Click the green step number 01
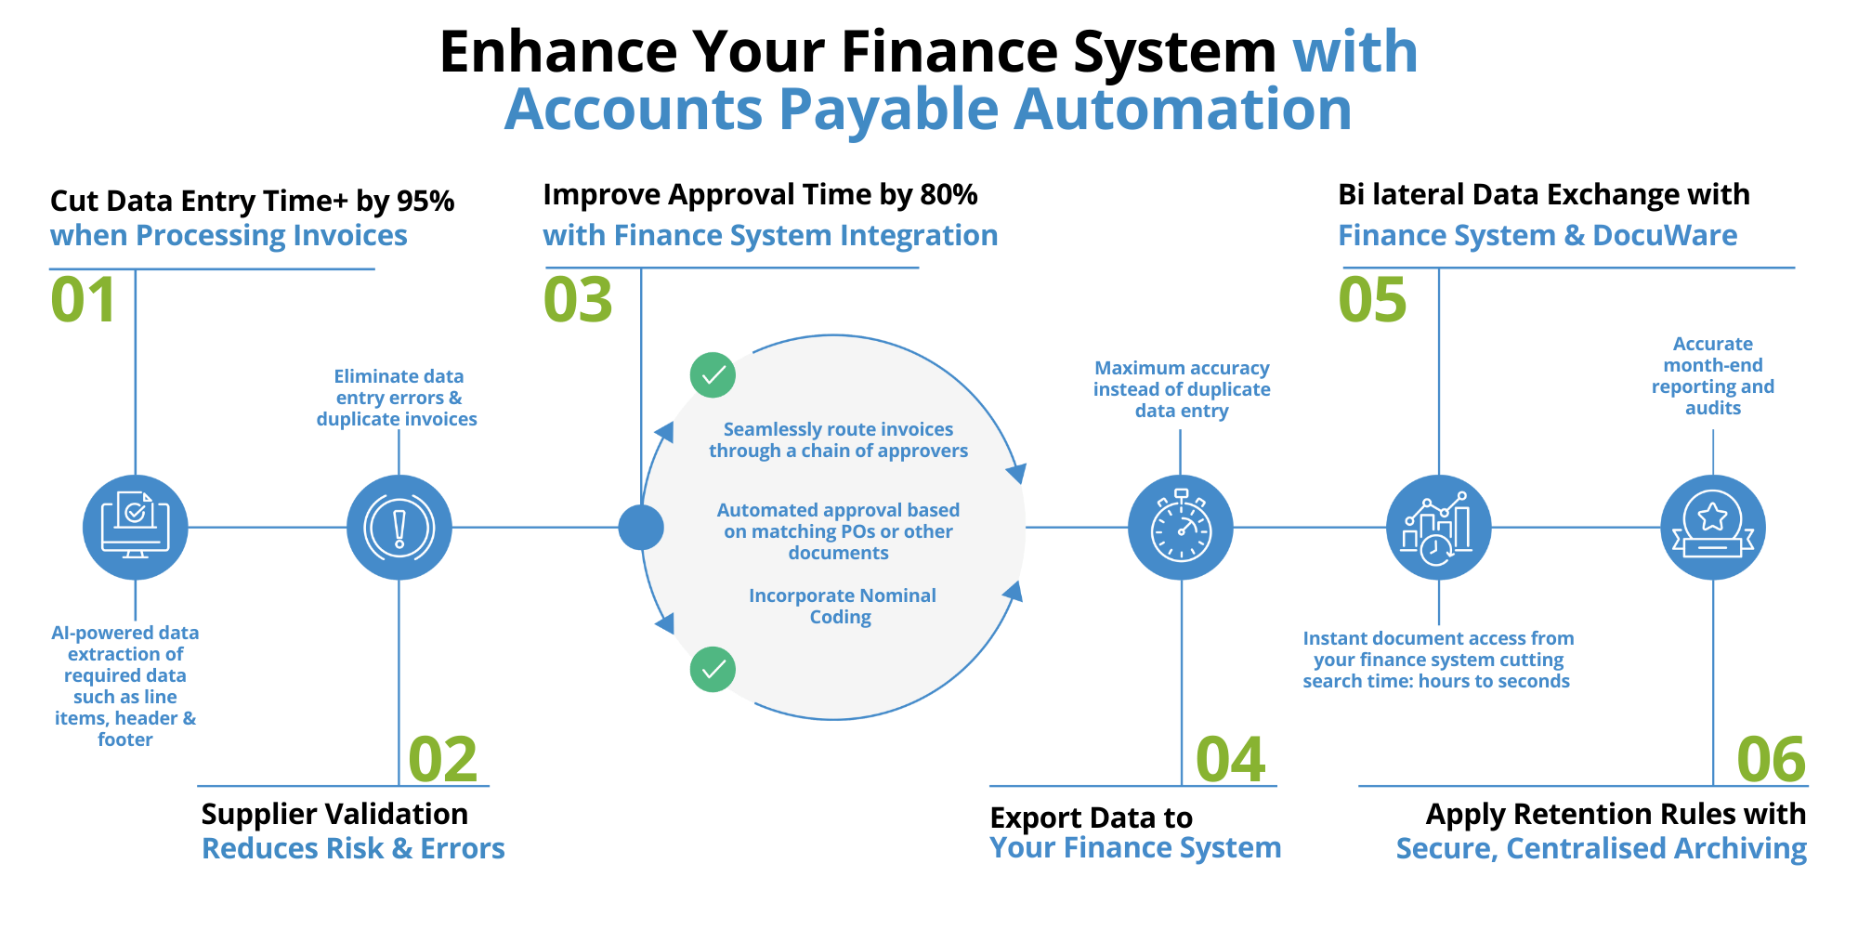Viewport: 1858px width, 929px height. tap(83, 300)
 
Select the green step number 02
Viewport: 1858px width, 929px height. tap(443, 760)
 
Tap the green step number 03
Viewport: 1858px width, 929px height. tap(578, 300)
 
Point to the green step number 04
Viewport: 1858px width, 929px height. tap(1230, 760)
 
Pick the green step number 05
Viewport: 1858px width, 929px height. tap(1372, 300)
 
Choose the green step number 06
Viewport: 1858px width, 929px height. tap(1771, 760)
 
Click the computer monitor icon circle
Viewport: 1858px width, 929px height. tap(136, 528)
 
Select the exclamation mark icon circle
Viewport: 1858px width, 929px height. tap(399, 528)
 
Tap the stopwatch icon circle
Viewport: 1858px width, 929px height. tap(1181, 528)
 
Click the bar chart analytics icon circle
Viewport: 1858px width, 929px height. tap(1438, 528)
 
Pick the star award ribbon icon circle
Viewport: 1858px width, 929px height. tap(1712, 528)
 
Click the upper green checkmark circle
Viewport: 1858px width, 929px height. tap(713, 375)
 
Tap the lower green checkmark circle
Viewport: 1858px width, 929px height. tap(713, 670)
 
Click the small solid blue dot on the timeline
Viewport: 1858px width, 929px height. tap(641, 528)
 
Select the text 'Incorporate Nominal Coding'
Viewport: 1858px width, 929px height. tap(842, 607)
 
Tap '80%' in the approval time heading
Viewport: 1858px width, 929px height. tap(949, 194)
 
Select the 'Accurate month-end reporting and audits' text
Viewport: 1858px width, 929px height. tap(1712, 376)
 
